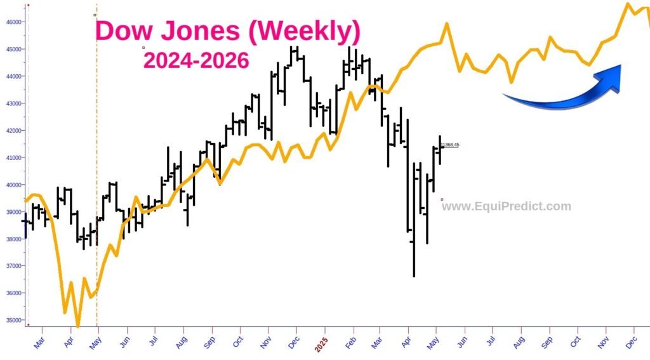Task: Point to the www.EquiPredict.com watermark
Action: (x=507, y=206)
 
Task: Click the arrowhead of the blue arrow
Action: (x=613, y=76)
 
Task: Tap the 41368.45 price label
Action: (x=449, y=145)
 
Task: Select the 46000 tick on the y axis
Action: (x=14, y=22)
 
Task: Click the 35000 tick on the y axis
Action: (x=14, y=321)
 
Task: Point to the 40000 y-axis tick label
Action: (x=14, y=185)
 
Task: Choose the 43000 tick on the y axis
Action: (x=14, y=103)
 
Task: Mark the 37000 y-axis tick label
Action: (x=14, y=266)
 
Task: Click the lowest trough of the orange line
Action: (x=77, y=326)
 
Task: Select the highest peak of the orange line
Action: (x=628, y=4)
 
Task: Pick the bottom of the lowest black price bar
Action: (x=414, y=276)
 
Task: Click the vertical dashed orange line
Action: (x=96, y=190)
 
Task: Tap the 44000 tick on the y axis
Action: (x=14, y=76)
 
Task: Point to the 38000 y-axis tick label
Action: (x=14, y=239)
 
